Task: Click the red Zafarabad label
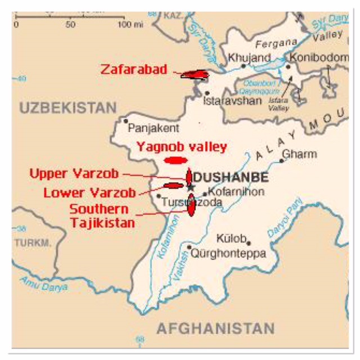click(x=134, y=70)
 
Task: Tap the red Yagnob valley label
click(x=182, y=147)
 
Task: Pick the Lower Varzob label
click(x=89, y=193)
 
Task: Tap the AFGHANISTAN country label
click(x=215, y=328)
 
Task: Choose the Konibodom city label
click(x=319, y=57)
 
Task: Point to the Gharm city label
click(x=299, y=154)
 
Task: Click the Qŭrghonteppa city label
click(x=228, y=254)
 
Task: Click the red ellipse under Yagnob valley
click(x=174, y=160)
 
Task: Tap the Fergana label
click(x=276, y=43)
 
